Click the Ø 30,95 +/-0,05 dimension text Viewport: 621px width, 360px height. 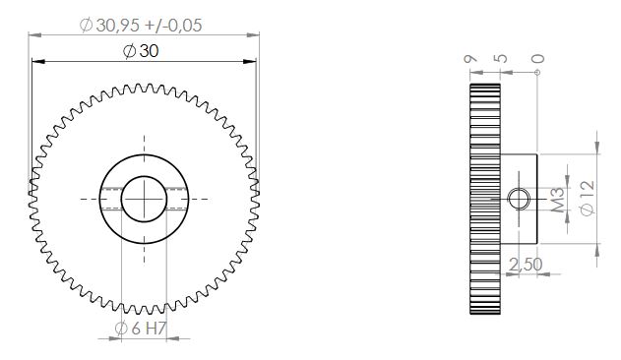141,26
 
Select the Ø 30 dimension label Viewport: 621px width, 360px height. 141,51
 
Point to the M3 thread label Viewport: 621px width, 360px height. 558,200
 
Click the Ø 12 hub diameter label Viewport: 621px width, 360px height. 588,198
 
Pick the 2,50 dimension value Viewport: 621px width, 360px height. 526,265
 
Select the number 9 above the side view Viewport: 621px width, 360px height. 470,59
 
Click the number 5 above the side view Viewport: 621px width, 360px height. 501,59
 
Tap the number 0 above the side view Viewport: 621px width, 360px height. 537,59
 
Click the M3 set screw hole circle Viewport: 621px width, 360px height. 519,199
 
